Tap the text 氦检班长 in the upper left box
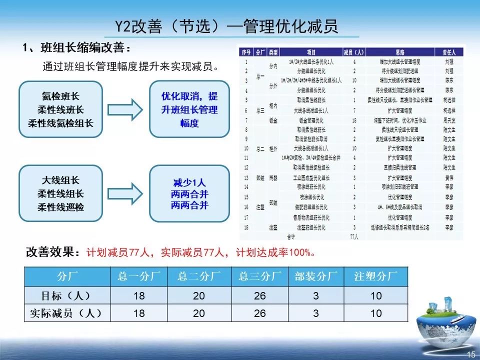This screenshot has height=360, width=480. [60, 96]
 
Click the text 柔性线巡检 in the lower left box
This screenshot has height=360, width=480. [60, 207]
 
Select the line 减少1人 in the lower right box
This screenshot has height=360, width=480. [189, 182]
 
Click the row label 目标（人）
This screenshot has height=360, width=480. [67, 295]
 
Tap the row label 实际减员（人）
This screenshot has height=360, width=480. [67, 313]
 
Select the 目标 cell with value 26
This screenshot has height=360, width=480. [260, 296]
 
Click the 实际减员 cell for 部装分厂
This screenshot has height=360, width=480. [316, 313]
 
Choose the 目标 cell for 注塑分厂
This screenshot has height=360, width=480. [376, 296]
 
